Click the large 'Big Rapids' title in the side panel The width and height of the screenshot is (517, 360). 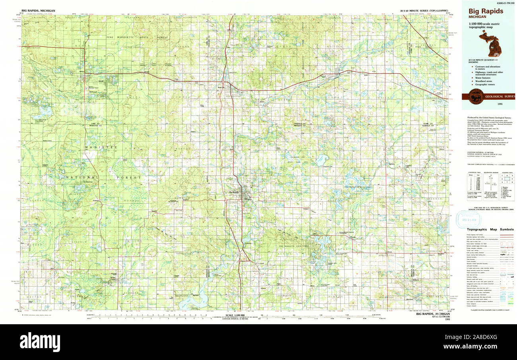click(486, 11)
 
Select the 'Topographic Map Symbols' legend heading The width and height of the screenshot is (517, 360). click(490, 229)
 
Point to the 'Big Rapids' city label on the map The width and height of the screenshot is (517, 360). click(235, 193)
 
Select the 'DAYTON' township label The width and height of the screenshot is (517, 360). click(35, 296)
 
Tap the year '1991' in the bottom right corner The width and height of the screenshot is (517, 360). click(448, 319)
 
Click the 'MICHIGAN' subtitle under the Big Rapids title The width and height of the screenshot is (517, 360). click(477, 17)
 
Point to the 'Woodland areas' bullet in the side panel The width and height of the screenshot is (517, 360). click(485, 81)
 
